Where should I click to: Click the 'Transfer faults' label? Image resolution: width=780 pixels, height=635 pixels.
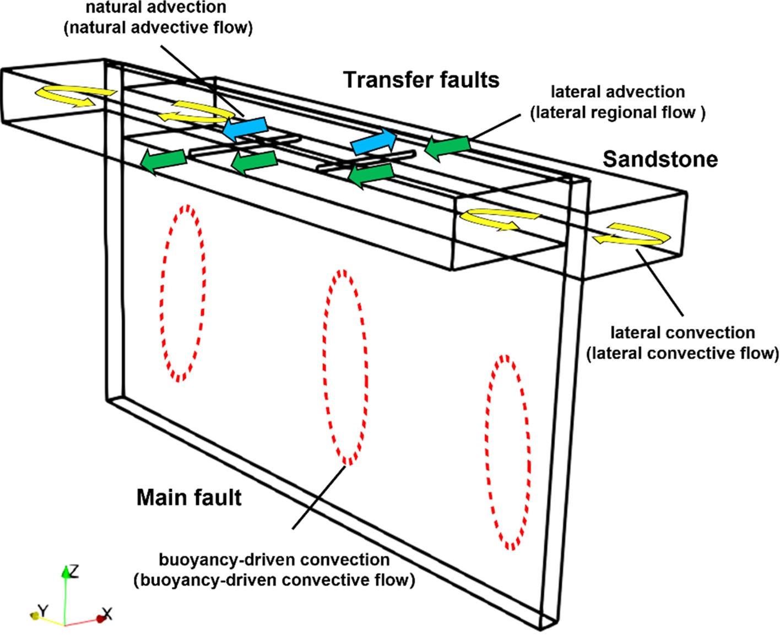421,80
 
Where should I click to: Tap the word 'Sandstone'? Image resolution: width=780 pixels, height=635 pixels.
660,159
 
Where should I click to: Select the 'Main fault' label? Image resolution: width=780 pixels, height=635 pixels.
188,497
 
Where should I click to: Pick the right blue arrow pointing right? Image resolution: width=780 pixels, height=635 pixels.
374,141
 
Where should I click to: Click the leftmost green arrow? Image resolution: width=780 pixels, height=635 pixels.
162,161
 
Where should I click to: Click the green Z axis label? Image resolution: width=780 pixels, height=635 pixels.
73,571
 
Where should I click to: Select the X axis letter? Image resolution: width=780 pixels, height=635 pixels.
107,614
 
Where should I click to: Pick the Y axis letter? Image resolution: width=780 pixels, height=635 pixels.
43,610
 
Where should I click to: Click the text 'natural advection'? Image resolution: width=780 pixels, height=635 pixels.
156,7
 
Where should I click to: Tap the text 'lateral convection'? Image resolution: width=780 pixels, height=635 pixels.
682,333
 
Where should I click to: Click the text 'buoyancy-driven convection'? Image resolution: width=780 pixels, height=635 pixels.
274,560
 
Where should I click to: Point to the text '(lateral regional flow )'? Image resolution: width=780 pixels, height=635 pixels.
617,112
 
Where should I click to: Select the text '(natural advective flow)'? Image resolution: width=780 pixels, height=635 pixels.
159,27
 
